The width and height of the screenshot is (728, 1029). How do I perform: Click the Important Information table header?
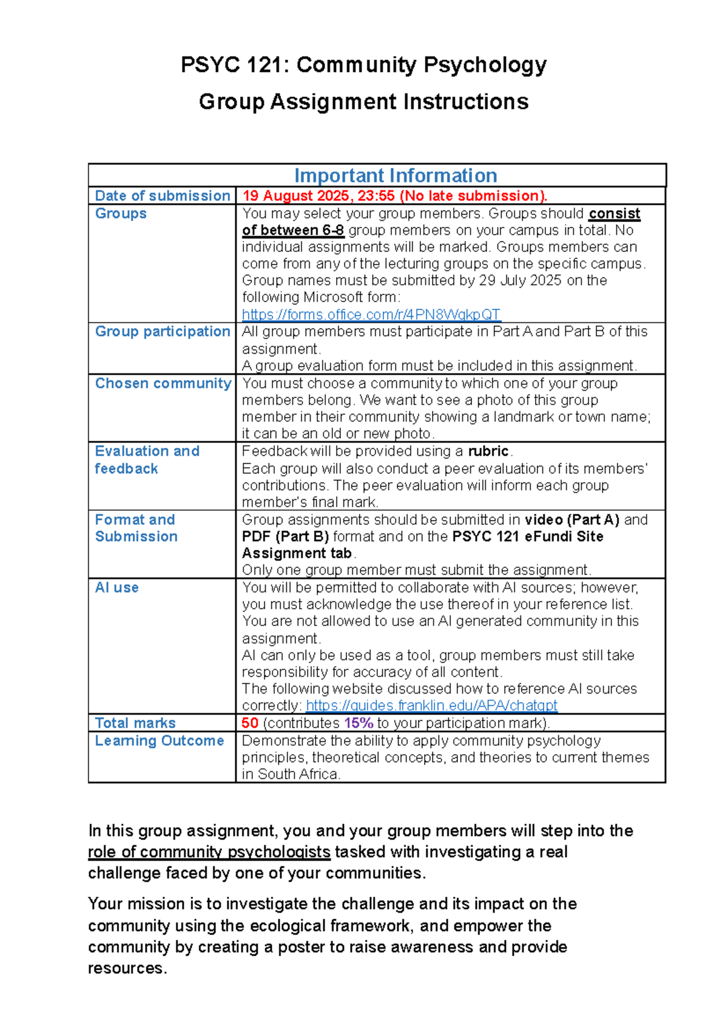pos(396,175)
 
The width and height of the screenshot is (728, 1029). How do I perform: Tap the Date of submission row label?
pos(162,196)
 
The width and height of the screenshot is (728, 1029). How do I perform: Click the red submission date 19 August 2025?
pos(295,196)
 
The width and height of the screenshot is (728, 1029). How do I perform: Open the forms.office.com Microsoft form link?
pos(371,314)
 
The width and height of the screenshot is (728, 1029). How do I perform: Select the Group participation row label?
pos(162,331)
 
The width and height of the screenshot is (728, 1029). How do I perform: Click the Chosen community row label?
pos(163,383)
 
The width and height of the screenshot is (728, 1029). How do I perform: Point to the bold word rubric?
pos(488,451)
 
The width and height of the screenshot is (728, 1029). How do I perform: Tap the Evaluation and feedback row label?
pos(147,460)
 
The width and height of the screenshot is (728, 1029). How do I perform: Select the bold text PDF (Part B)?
pos(285,537)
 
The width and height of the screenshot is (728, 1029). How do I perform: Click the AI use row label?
pos(116,588)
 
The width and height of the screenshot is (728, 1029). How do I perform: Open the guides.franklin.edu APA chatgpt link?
pos(431,706)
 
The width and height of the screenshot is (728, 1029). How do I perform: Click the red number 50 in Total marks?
pos(249,723)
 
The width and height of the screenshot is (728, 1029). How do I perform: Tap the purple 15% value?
pos(358,723)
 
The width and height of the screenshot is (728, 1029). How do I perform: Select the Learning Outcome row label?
pos(159,741)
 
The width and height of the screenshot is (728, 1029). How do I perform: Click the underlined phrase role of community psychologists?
pos(209,852)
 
